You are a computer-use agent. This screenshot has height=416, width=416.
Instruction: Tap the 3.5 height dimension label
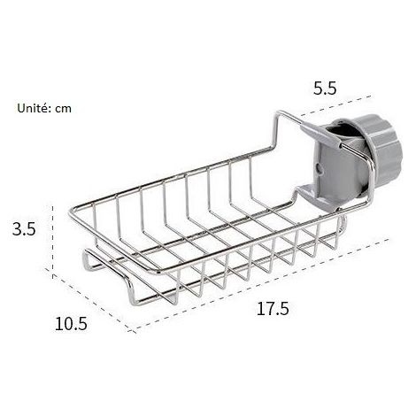[24, 228]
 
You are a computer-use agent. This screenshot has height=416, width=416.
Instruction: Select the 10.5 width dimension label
[71, 323]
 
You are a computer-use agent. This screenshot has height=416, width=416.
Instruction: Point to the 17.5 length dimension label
[273, 309]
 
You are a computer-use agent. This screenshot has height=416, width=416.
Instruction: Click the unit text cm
[63, 109]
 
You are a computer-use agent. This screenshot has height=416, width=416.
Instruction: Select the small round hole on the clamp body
[319, 168]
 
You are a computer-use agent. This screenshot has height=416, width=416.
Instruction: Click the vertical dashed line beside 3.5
[53, 242]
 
